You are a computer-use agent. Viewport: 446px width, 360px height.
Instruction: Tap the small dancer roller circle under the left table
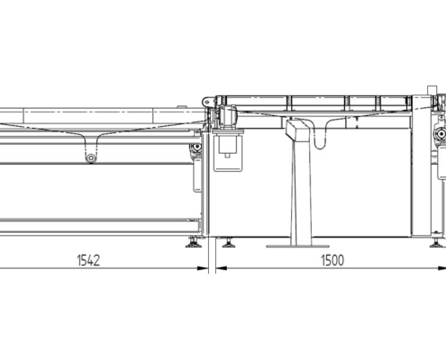(x=90, y=159)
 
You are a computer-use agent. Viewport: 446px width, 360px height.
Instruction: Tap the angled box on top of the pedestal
(x=296, y=131)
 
